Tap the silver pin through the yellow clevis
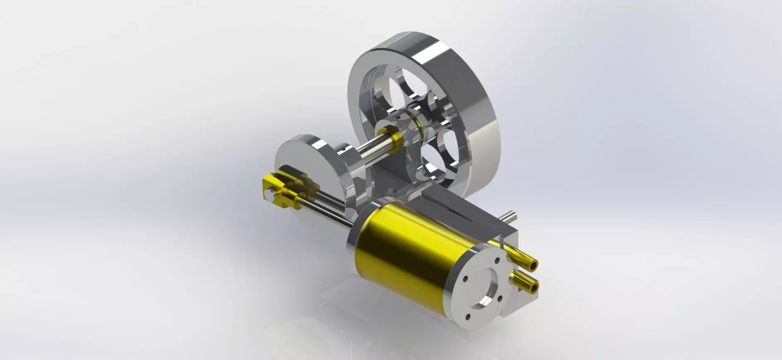point(270,191)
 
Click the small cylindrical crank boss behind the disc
point(342,153)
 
